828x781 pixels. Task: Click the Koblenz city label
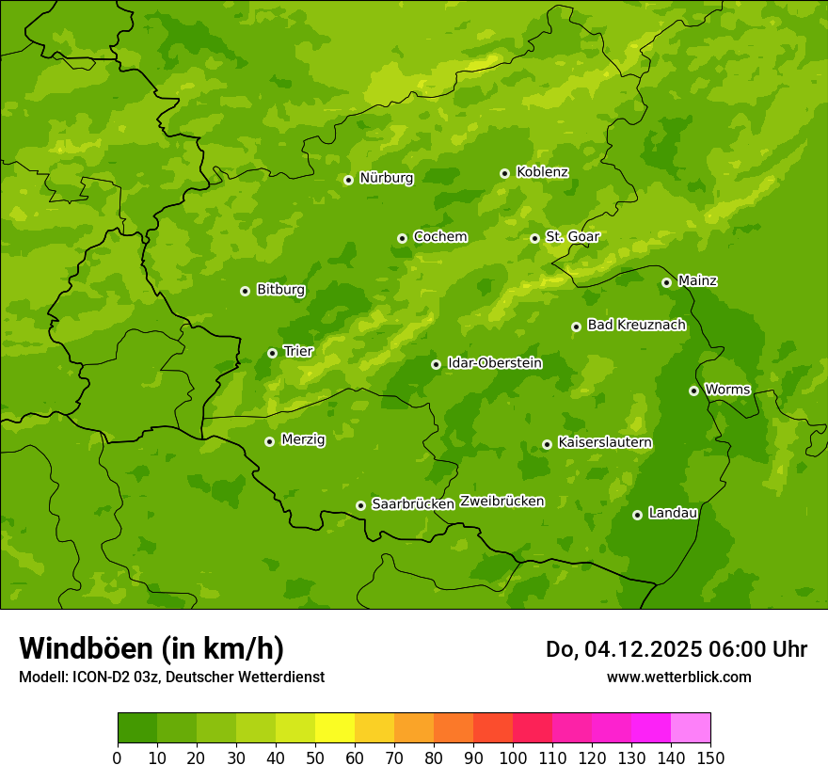tap(542, 172)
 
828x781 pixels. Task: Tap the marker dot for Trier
tap(272, 353)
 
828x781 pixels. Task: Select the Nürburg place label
tap(386, 178)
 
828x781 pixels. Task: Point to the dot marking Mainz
tap(666, 282)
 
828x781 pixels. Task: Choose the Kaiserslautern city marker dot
tap(547, 444)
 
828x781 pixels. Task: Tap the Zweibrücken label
tap(502, 502)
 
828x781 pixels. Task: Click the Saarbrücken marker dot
tap(360, 505)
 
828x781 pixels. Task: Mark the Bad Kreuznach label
tap(636, 326)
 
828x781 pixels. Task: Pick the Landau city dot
tap(637, 515)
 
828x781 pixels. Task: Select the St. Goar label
tap(572, 237)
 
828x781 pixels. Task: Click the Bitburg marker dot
tap(245, 291)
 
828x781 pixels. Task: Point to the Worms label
tap(727, 390)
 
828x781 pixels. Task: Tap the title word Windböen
tap(85, 648)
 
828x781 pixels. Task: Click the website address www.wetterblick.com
tap(678, 677)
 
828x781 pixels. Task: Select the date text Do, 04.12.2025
tap(621, 649)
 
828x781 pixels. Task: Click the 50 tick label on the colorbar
tap(315, 757)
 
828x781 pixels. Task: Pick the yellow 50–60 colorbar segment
tap(335, 728)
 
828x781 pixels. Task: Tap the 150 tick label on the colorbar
tap(710, 757)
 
